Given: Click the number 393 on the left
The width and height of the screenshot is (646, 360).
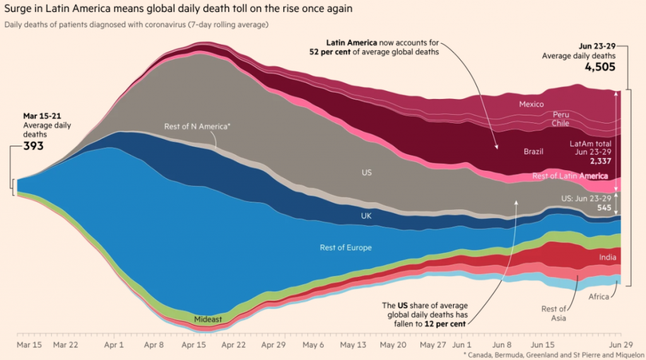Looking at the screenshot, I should click(33, 145).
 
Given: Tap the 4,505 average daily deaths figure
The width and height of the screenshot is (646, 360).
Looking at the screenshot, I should click(599, 67).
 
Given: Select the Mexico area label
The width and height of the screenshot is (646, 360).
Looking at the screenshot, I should click(531, 104).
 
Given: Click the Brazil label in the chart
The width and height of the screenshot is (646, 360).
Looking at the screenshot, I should click(534, 152).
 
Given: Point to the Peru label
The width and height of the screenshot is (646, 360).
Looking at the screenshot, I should click(561, 115).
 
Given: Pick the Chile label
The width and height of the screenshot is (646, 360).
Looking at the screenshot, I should click(561, 124).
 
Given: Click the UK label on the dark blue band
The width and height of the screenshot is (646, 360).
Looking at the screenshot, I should click(366, 215).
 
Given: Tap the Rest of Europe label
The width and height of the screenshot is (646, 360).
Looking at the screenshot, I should click(346, 248).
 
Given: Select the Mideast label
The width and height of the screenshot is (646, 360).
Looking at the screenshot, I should click(208, 320).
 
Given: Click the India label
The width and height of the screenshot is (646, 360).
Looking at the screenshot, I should click(608, 257).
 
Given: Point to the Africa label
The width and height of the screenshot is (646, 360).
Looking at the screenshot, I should click(599, 296).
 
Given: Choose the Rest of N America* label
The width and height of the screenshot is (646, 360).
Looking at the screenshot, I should click(197, 127).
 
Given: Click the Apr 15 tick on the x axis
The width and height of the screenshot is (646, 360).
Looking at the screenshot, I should click(194, 345).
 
